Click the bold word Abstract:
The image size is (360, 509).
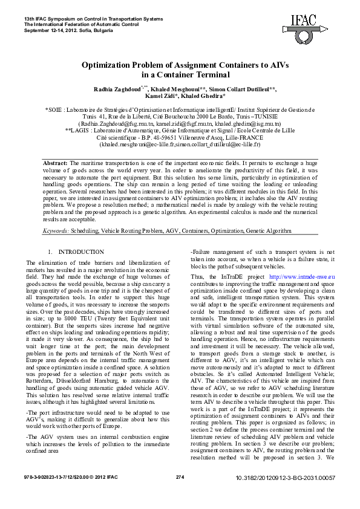(56, 164)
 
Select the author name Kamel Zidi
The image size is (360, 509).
(160, 96)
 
